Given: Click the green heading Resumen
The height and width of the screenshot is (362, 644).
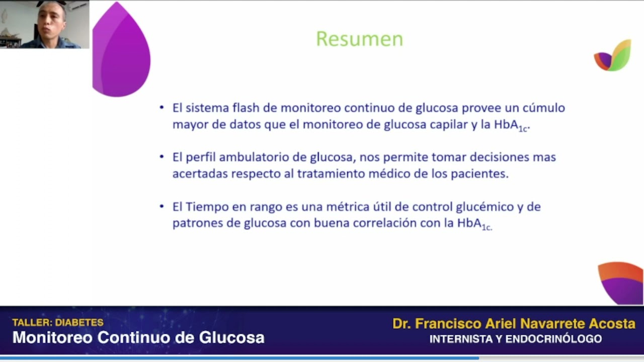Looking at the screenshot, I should click(x=359, y=39).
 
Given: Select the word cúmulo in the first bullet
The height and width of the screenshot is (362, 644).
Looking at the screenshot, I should click(x=543, y=108).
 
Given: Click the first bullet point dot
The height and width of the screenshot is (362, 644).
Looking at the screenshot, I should click(x=162, y=108).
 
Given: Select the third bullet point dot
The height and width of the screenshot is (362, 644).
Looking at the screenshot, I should click(x=162, y=206).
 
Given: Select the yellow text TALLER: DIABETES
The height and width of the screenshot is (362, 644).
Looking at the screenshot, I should click(x=58, y=323).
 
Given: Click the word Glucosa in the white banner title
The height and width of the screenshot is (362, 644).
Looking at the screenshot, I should click(x=231, y=337).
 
